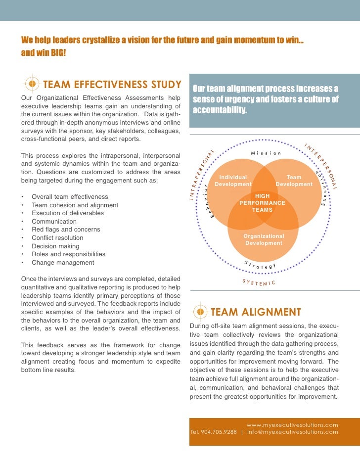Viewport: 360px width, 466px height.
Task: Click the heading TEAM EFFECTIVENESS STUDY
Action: (x=112, y=84)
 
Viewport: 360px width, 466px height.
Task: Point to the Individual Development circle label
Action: (x=233, y=181)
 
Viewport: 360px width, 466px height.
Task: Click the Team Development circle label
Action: (x=294, y=181)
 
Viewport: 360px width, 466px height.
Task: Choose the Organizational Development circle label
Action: (x=264, y=239)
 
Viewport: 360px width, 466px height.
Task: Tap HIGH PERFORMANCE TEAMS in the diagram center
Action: (x=262, y=203)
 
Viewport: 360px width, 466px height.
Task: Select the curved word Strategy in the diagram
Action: (x=260, y=265)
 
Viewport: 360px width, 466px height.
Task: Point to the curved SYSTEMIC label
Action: (x=259, y=282)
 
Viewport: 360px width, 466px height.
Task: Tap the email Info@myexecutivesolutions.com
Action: (x=293, y=431)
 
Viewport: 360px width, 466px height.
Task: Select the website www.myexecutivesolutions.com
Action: (x=292, y=424)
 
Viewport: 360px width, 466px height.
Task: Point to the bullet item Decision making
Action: (x=55, y=246)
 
